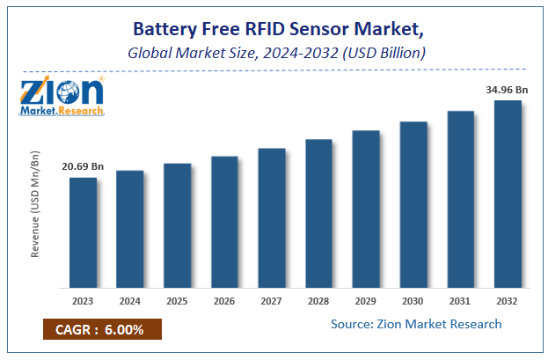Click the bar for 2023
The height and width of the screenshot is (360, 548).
pyautogui.click(x=83, y=232)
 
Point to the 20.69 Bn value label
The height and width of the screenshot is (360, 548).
pyautogui.click(x=83, y=166)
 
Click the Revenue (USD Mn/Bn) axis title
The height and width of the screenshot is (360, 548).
pyautogui.click(x=36, y=204)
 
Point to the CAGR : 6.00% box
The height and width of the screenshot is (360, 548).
pyautogui.click(x=101, y=330)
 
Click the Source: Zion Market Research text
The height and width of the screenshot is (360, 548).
pyautogui.click(x=416, y=324)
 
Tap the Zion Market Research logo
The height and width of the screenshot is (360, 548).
pyautogui.click(x=62, y=96)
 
